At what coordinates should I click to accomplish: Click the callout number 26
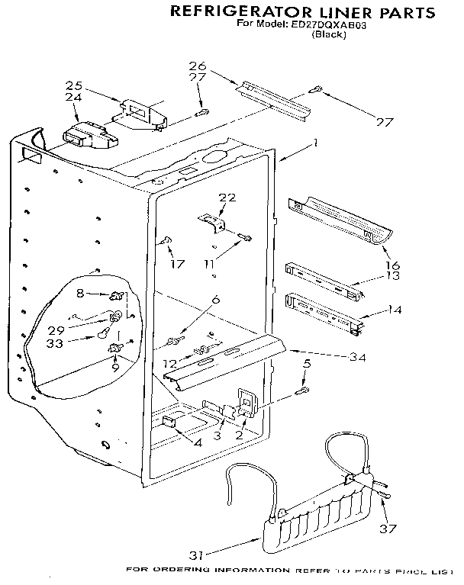point(198,66)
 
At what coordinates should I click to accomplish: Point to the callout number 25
point(73,85)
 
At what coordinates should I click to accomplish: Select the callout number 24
point(73,97)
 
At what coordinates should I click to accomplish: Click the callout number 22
point(227,198)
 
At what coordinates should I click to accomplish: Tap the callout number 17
point(177,265)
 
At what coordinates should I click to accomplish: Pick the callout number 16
point(393,265)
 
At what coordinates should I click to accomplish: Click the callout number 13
point(393,276)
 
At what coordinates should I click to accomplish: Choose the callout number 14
point(395,310)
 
